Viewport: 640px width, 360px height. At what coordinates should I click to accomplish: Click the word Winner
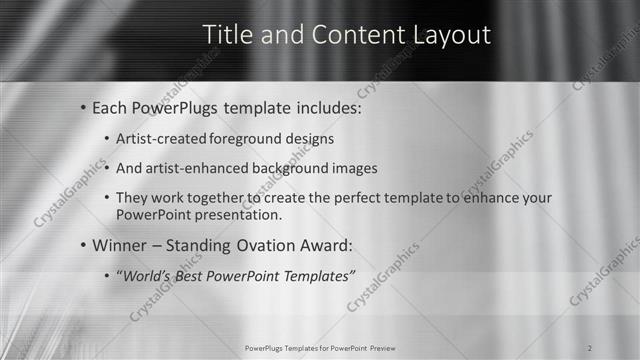[119, 245]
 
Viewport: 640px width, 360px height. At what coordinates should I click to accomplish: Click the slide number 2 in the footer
[592, 349]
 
